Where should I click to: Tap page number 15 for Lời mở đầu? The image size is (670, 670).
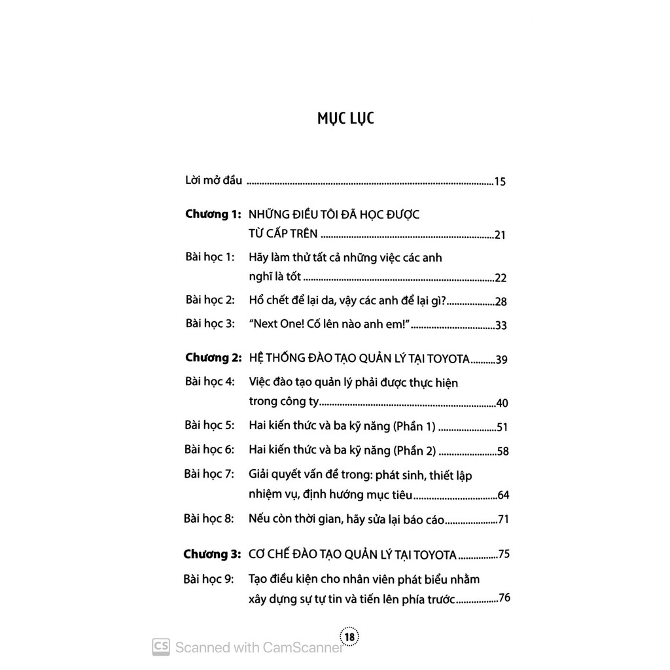pos(500,182)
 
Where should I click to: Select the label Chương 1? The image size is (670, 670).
pos(213,214)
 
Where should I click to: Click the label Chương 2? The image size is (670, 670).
pos(213,358)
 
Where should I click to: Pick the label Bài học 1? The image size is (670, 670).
pos(209,257)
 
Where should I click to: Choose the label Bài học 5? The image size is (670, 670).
pos(209,425)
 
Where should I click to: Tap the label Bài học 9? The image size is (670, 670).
pos(209,579)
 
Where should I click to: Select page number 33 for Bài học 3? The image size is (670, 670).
pos(502,325)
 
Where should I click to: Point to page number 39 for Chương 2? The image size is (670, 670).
pos(502,359)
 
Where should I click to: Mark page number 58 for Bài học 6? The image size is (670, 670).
pos(502,451)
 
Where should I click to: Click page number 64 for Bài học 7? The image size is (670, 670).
pos(502,495)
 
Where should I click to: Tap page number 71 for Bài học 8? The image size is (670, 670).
pos(502,521)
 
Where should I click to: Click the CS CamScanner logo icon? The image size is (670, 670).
pos(161,646)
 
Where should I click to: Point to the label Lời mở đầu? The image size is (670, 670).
pos(214,181)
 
